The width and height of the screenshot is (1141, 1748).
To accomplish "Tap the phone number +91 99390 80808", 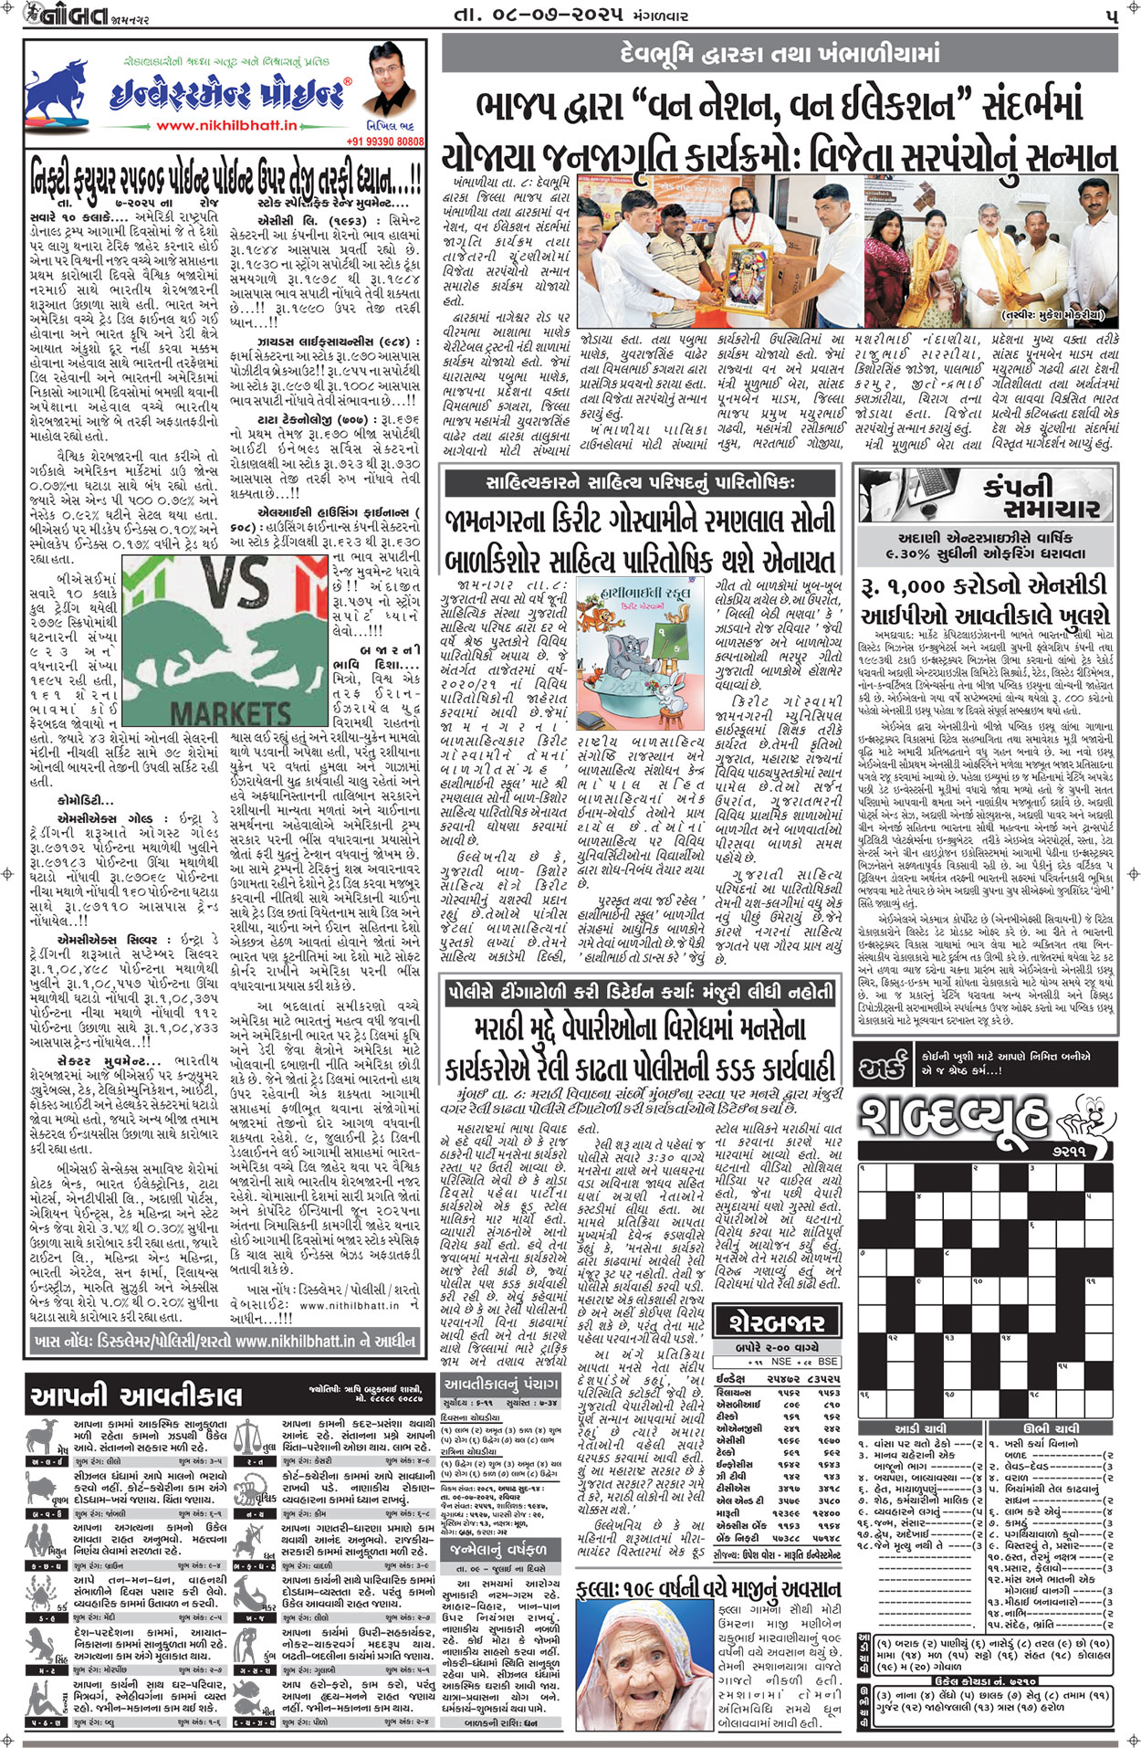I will (x=385, y=142).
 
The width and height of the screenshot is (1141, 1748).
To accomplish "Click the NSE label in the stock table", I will (x=781, y=1361).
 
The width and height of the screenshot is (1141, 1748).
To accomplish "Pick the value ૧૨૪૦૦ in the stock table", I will (x=828, y=1511).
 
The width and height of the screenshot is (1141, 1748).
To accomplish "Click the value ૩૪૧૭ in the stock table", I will (x=789, y=1486).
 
